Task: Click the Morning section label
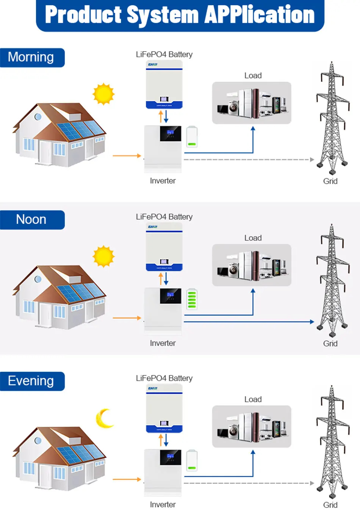click(x=31, y=57)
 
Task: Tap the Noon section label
click(x=31, y=220)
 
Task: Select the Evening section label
click(x=31, y=381)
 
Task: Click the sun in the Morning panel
click(x=103, y=94)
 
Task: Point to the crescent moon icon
click(x=104, y=418)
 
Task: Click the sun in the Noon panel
click(x=103, y=256)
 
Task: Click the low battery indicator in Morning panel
click(x=192, y=137)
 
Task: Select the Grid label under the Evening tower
click(x=330, y=505)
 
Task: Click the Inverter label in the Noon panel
click(x=163, y=343)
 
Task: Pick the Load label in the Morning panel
click(x=253, y=75)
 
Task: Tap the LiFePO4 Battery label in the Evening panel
click(x=164, y=378)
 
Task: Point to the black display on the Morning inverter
click(x=171, y=133)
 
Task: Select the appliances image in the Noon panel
click(x=252, y=265)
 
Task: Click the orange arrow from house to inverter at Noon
click(x=127, y=318)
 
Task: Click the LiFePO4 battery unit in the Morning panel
click(x=164, y=85)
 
